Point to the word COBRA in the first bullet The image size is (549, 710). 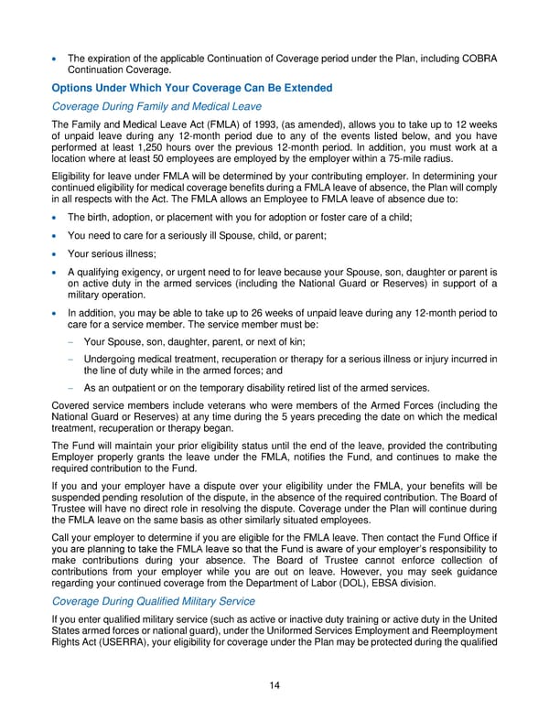pos(477,59)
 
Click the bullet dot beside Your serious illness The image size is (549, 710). pos(57,253)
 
